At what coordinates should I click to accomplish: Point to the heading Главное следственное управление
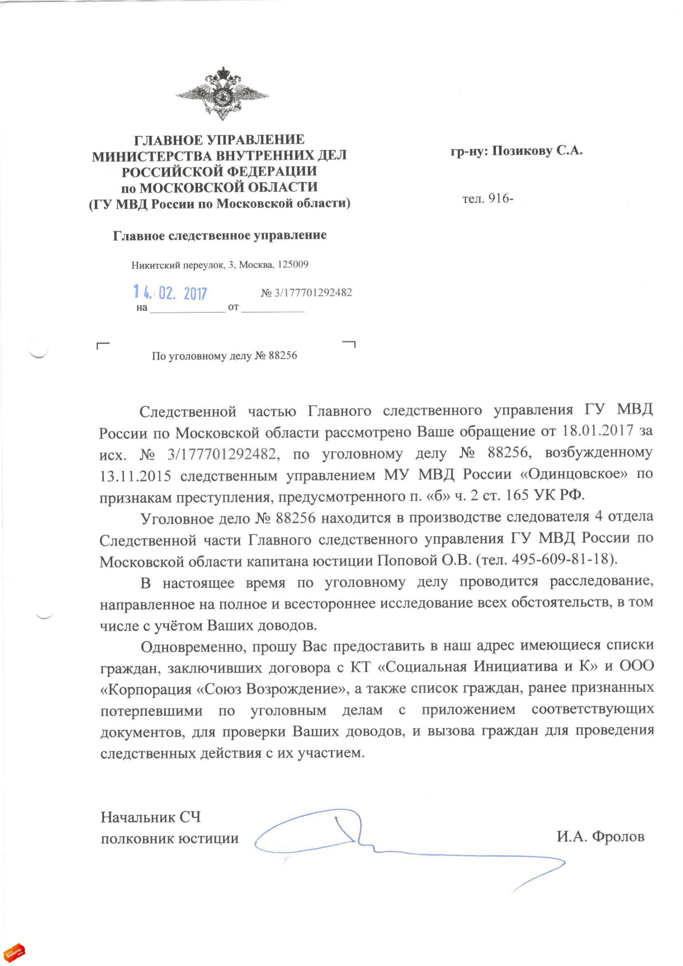pyautogui.click(x=220, y=235)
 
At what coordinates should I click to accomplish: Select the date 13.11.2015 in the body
pyautogui.click(x=135, y=476)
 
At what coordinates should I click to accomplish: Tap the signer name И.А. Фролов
pyautogui.click(x=600, y=836)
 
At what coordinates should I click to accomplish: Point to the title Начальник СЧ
pyautogui.click(x=150, y=817)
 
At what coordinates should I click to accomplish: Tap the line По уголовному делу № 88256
pyautogui.click(x=224, y=356)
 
